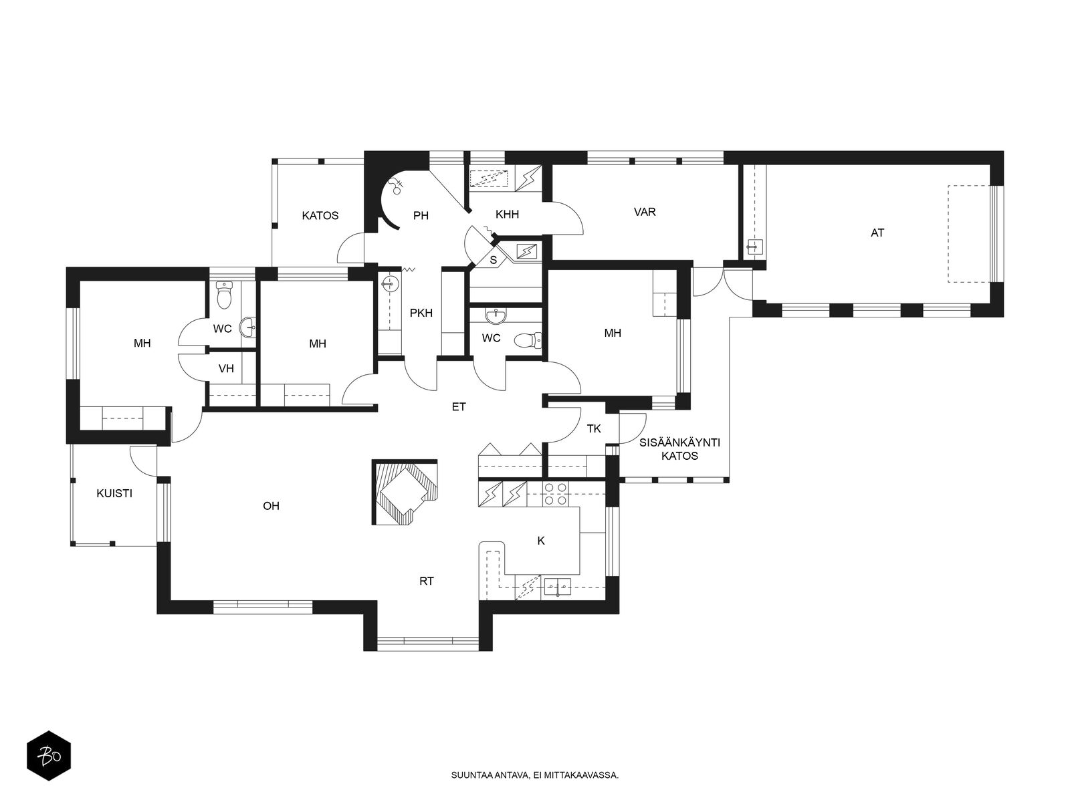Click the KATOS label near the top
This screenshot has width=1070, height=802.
(320, 215)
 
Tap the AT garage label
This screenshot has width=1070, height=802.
(877, 233)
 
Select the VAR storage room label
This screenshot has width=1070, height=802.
(645, 212)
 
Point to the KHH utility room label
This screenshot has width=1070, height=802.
(507, 214)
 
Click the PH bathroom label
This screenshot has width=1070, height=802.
(421, 215)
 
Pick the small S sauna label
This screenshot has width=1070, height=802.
(494, 260)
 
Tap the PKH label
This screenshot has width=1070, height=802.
(421, 313)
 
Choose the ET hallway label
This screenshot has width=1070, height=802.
(459, 406)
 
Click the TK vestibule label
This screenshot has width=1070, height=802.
(594, 428)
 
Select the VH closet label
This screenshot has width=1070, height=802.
(226, 369)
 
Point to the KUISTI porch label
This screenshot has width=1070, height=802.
(114, 493)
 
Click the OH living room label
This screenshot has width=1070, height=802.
(271, 506)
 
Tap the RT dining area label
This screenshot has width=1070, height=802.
(427, 581)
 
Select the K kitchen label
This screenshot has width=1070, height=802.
(540, 541)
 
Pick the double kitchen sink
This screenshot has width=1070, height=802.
(558, 587)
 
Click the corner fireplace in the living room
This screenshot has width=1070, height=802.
(405, 492)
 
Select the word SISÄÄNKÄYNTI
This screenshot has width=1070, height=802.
(679, 442)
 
